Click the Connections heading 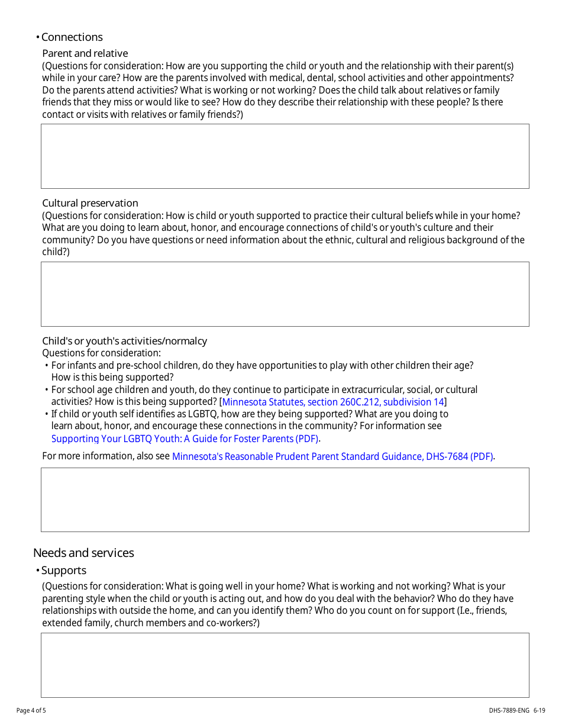pos(72,37)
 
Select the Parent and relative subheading pos(85,53)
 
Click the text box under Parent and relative pos(285,156)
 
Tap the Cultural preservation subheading pos(90,203)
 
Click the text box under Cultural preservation pos(285,294)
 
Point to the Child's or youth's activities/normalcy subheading pos(124,341)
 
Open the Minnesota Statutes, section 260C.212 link pos(332,402)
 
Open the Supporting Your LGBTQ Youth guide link pos(185,439)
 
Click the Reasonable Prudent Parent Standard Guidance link pos(332,456)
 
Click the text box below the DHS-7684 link pos(285,500)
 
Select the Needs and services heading pos(83,553)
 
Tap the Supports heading pos(63,571)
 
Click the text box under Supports pos(285,665)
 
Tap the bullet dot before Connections pos(37,37)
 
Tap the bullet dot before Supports pos(37,571)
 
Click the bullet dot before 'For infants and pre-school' pos(47,366)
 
